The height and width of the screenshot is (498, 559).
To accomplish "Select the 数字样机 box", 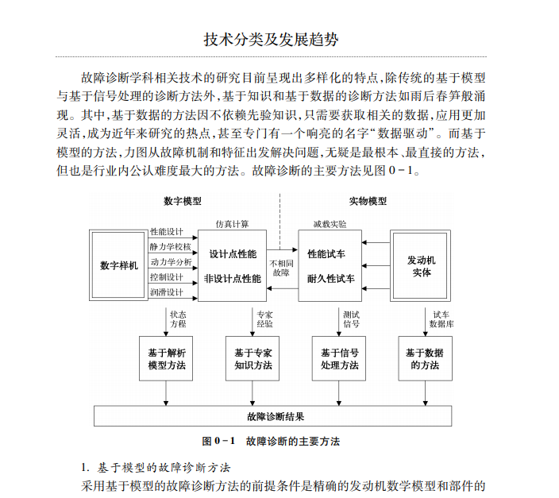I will [x=119, y=265].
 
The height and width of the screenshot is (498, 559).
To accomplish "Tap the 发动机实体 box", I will [x=421, y=265].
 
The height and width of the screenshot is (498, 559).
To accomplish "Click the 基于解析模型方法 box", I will [x=166, y=359].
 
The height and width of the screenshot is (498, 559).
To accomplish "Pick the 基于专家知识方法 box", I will [x=253, y=359].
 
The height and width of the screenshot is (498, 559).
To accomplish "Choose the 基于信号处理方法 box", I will [x=339, y=359].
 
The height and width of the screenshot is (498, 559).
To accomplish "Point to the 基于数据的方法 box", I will [x=425, y=359].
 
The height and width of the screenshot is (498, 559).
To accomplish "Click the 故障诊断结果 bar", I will [x=275, y=415].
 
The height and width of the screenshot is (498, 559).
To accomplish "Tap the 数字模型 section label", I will [x=182, y=201].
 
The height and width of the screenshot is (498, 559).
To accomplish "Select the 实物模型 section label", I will [x=368, y=201].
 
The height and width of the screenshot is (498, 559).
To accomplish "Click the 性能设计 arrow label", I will [x=167, y=232].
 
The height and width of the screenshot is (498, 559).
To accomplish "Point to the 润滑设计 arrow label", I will [x=167, y=292].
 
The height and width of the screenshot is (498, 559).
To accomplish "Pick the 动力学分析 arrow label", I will [x=171, y=262].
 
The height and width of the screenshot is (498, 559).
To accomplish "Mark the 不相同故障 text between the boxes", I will [x=281, y=267].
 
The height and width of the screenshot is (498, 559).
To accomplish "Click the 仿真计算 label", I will [x=232, y=224].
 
